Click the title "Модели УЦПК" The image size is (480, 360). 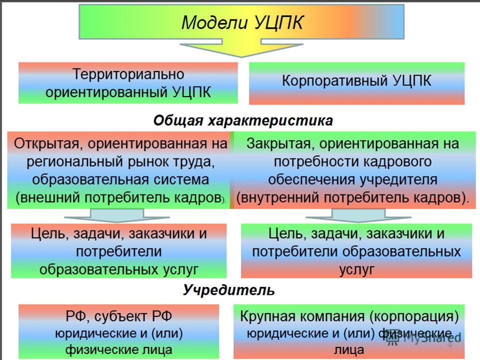[242, 22]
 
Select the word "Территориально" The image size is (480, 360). [128, 74]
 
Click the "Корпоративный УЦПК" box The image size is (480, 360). [356, 83]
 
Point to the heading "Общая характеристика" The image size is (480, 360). [243, 120]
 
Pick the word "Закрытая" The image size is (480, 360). [278, 143]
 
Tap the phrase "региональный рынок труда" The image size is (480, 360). [120, 161]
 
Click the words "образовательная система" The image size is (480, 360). [120, 179]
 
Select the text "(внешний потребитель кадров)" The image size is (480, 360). [119, 198]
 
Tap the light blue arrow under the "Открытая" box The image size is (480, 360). [116, 215]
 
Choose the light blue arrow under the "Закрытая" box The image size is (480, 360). [358, 215]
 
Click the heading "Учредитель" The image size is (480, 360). [228, 290]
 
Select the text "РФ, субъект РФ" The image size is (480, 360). [119, 316]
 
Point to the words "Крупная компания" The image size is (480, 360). [302, 316]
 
